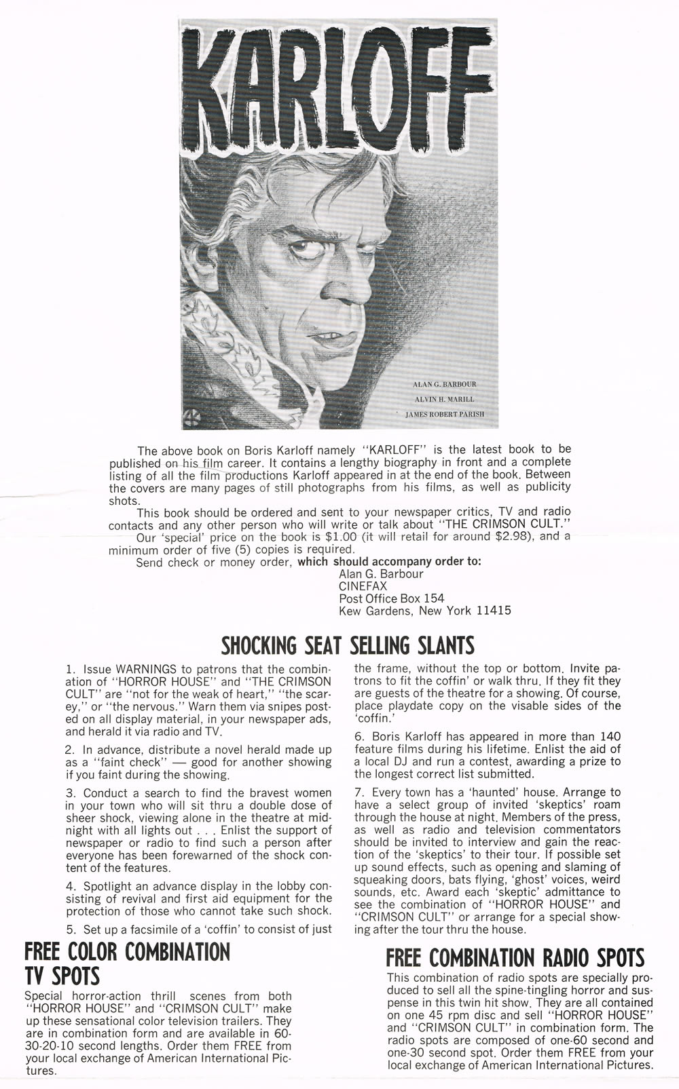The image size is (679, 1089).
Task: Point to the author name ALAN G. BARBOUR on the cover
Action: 454,384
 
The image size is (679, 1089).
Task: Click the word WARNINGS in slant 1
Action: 144,669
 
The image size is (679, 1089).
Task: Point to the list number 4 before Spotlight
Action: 70,886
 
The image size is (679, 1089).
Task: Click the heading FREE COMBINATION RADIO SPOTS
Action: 515,958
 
